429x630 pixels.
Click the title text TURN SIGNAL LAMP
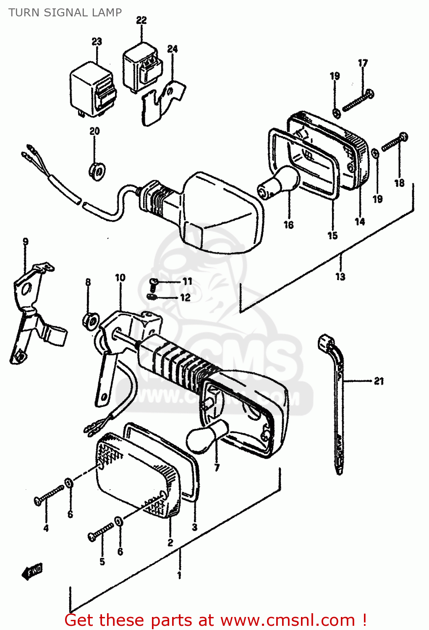tap(65, 13)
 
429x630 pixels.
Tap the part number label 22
tap(141, 20)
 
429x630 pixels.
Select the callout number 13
tap(340, 276)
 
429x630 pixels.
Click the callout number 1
tap(179, 575)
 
